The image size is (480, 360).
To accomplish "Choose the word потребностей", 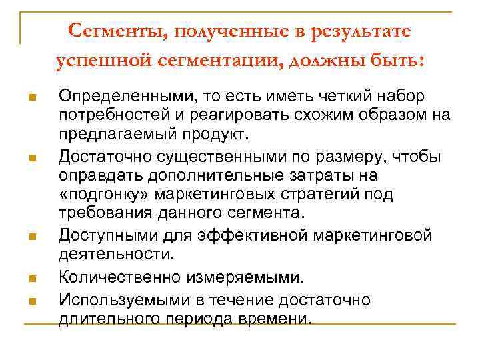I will pyautogui.click(x=110, y=115).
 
